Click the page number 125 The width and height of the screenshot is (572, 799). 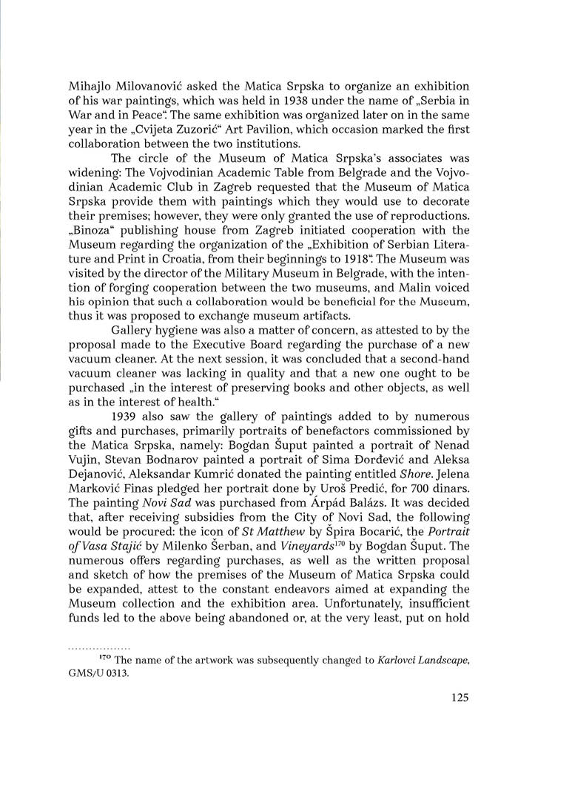click(x=459, y=698)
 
